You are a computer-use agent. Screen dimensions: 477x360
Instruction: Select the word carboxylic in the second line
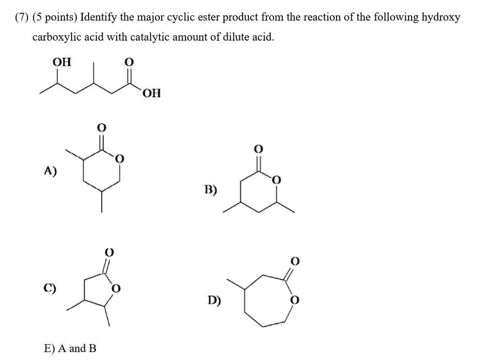click(56, 37)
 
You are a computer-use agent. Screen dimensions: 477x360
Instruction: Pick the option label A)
click(50, 171)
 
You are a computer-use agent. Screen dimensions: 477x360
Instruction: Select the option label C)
click(49, 288)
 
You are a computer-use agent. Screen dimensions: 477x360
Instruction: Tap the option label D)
click(215, 300)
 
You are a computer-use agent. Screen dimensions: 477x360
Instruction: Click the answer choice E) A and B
click(70, 348)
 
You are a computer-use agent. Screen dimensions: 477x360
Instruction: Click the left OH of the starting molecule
click(62, 62)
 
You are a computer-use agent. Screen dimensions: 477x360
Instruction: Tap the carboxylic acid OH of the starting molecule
click(151, 93)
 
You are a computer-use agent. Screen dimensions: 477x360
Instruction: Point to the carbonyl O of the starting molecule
click(129, 62)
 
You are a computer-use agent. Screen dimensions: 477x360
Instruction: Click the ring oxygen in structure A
click(120, 159)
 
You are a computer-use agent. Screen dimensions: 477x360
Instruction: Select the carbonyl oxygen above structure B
click(258, 149)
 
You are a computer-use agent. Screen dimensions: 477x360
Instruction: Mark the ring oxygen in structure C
click(116, 288)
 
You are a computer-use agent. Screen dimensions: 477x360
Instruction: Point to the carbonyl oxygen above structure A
click(101, 127)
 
